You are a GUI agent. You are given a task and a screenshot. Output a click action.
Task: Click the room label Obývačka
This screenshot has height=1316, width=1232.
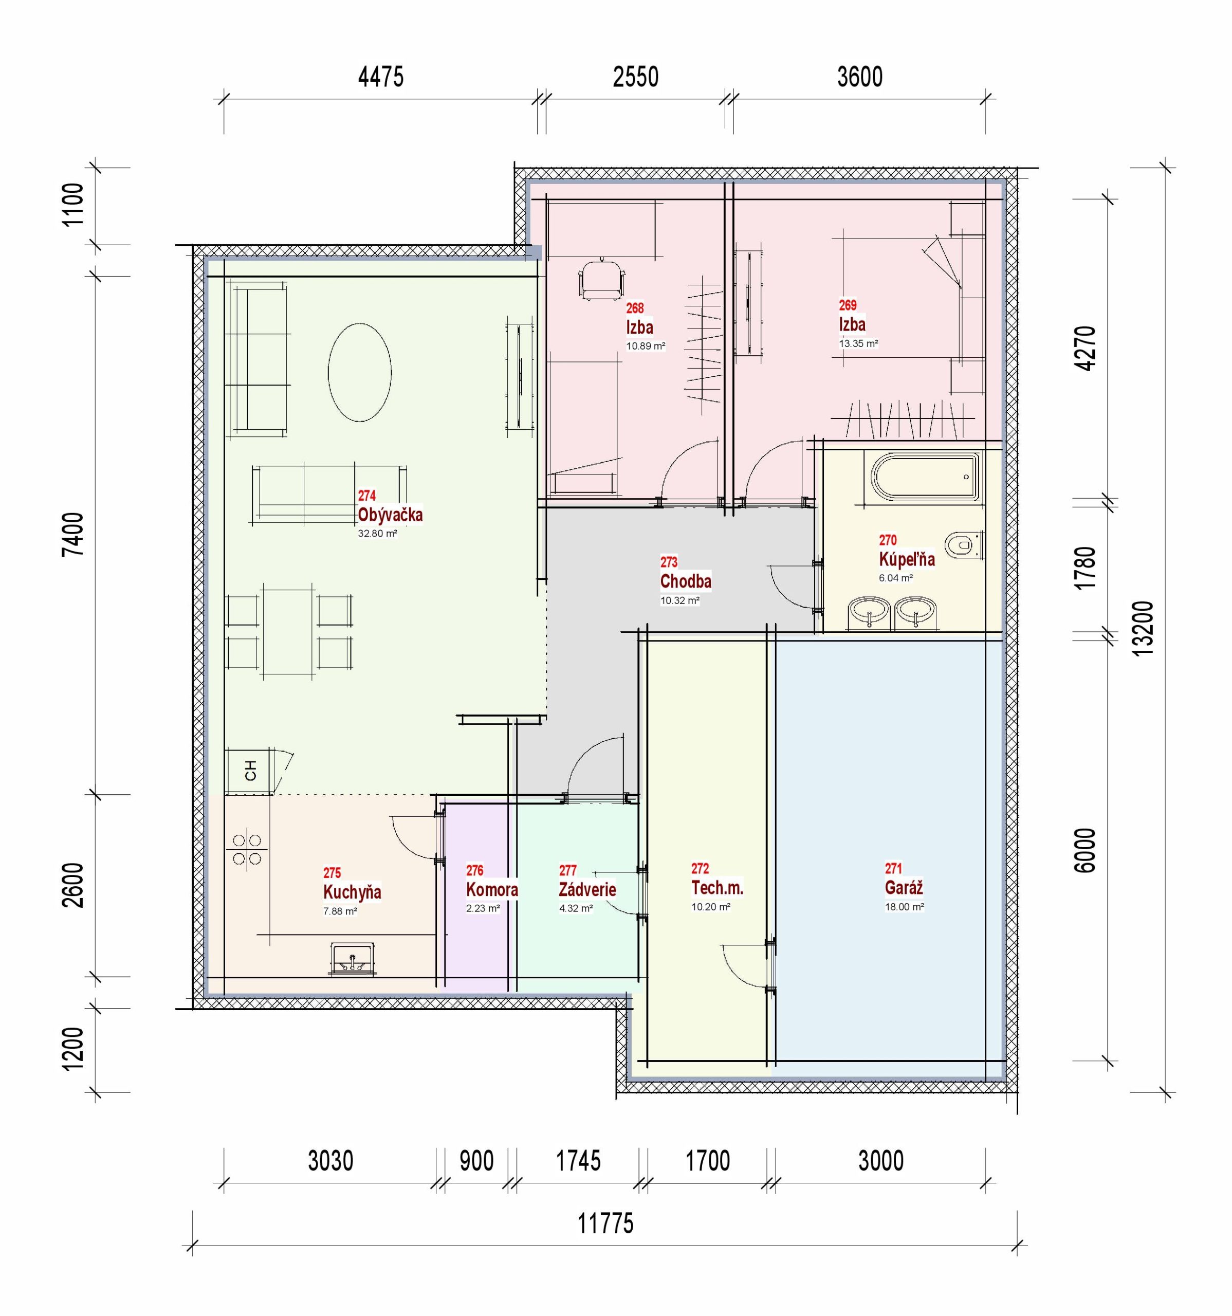click(x=390, y=515)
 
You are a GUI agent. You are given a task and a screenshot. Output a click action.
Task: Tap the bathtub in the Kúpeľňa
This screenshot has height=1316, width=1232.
click(x=925, y=477)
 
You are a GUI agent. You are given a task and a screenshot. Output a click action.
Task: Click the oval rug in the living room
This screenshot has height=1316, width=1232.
click(x=359, y=372)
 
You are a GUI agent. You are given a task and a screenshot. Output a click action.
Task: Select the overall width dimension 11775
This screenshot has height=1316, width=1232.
click(x=605, y=1223)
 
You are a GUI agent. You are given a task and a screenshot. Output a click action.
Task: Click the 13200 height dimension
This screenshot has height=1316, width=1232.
click(x=1143, y=628)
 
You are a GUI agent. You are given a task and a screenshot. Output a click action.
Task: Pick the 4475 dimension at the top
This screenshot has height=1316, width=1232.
click(x=381, y=77)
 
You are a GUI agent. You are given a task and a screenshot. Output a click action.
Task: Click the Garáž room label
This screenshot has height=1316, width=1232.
click(x=904, y=887)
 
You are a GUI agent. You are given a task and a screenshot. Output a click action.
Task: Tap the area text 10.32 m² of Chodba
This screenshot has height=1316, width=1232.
click(x=680, y=601)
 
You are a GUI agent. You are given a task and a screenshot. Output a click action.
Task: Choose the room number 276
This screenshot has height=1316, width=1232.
click(x=475, y=870)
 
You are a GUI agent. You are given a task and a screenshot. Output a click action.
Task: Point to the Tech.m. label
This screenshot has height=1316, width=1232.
click(x=717, y=887)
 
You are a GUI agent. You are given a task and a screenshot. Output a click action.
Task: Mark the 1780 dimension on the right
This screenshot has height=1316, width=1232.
click(x=1086, y=568)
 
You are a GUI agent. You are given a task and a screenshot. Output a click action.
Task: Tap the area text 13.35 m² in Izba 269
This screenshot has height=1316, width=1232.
click(x=859, y=343)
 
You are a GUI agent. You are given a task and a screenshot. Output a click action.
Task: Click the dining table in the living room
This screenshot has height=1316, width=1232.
click(x=288, y=631)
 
